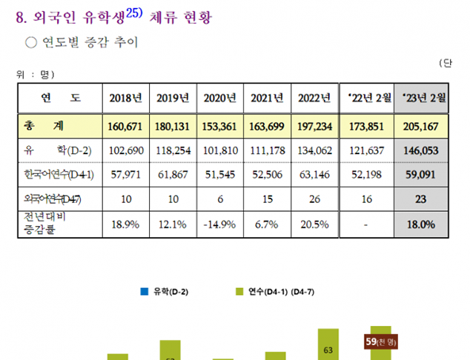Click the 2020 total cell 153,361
pos(219,127)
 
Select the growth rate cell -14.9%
pos(219,224)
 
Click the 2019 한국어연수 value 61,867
pos(173,175)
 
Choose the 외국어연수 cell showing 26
pos(314,199)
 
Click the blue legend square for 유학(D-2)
pos(144,292)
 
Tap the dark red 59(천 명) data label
pos(382,341)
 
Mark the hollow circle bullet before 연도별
pos(31,43)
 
